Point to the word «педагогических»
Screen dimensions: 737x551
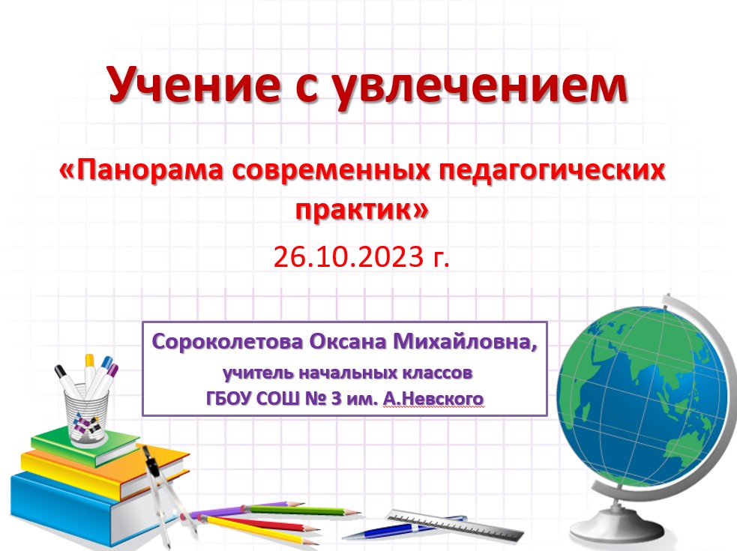pyautogui.click(x=553, y=171)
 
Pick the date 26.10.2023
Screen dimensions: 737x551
pyautogui.click(x=349, y=256)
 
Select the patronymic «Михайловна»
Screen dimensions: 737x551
pyautogui.click(x=465, y=341)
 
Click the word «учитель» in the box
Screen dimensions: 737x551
pyautogui.click(x=259, y=373)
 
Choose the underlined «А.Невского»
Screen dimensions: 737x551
pyautogui.click(x=433, y=399)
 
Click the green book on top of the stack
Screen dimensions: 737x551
pyautogui.click(x=84, y=445)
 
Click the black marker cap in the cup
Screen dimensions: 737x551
pyautogui.click(x=61, y=372)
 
